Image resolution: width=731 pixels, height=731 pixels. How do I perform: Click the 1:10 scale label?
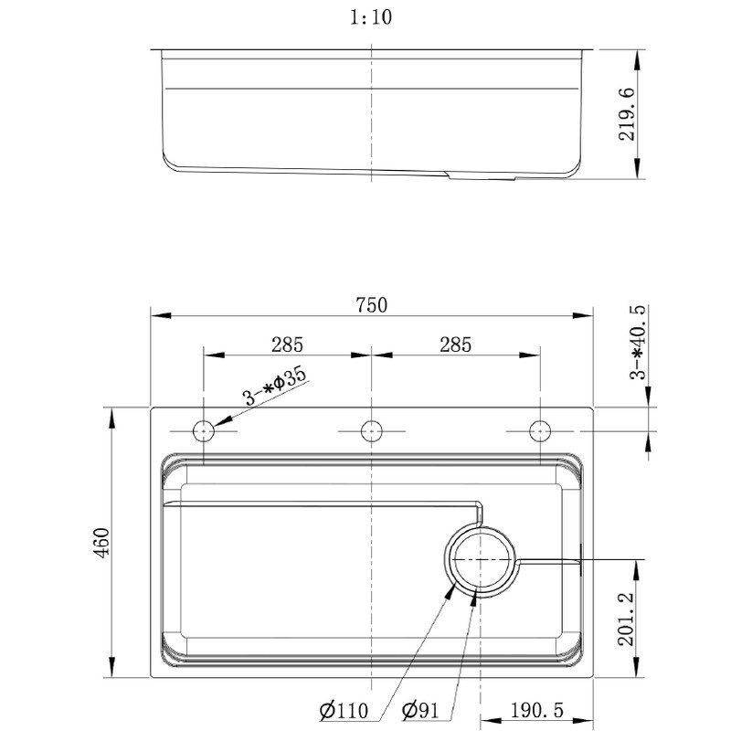[372, 16]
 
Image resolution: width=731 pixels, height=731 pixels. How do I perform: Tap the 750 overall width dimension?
[372, 304]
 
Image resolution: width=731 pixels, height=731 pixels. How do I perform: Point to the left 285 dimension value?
[286, 344]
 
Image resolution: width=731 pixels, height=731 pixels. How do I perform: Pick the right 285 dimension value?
[455, 344]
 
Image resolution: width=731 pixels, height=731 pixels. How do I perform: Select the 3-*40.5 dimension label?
[639, 343]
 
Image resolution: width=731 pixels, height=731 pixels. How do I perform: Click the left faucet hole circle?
[203, 429]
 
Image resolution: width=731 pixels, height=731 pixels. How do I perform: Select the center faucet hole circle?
[371, 429]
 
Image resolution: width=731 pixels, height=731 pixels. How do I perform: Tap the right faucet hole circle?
[540, 429]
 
